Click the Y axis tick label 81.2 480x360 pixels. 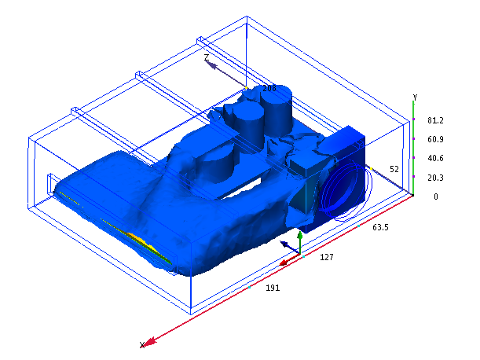point(435,120)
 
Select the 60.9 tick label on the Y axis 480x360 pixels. point(435,139)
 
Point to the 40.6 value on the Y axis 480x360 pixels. point(435,158)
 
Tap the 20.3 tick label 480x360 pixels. point(435,178)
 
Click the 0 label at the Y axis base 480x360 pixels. point(436,197)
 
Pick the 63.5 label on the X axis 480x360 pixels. point(380,227)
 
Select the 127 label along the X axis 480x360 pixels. point(327,257)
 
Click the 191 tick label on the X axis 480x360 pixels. point(273,288)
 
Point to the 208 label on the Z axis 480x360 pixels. point(269,88)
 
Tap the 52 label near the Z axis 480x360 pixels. point(394,169)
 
